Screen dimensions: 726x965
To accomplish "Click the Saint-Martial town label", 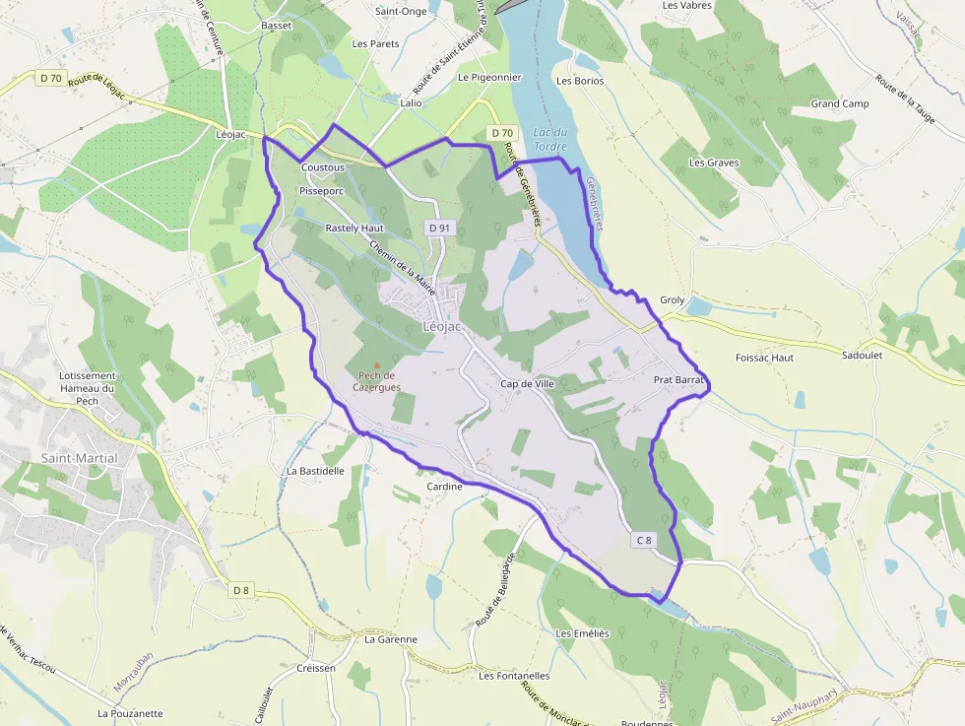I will (x=79, y=458).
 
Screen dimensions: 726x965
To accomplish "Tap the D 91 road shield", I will (x=439, y=228).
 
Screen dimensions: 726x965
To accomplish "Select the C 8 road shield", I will (x=644, y=540).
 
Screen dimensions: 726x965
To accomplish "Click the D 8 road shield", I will (x=241, y=590).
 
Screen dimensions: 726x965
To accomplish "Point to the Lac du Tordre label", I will (x=549, y=139).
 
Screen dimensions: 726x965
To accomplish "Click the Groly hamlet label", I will (x=672, y=299).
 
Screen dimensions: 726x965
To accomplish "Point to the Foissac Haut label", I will (x=764, y=358).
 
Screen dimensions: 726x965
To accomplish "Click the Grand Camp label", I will (x=839, y=103).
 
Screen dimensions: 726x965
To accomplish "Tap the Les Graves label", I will (x=714, y=163).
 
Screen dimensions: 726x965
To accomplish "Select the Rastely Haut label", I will (x=354, y=228).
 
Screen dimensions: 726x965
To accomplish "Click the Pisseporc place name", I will (x=321, y=190).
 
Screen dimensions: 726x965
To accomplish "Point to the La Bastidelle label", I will (x=315, y=471).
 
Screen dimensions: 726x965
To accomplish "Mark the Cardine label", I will (x=444, y=487).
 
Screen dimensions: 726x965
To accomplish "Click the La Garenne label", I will (x=390, y=639).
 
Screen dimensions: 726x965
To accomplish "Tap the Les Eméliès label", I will (x=583, y=633).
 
